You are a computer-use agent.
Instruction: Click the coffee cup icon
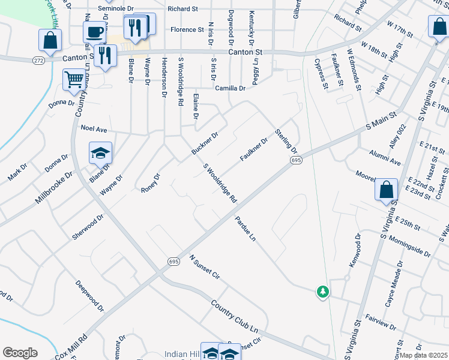tap(95, 31)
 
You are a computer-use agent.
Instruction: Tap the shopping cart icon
tap(74, 78)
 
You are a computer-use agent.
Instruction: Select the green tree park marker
tap(323, 292)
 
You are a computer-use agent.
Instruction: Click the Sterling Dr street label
tap(286, 140)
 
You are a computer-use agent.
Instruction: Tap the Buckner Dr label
tap(204, 143)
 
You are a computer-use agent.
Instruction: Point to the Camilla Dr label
tap(231, 88)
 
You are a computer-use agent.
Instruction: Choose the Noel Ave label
tap(93, 128)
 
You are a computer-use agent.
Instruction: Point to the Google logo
tap(20, 353)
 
